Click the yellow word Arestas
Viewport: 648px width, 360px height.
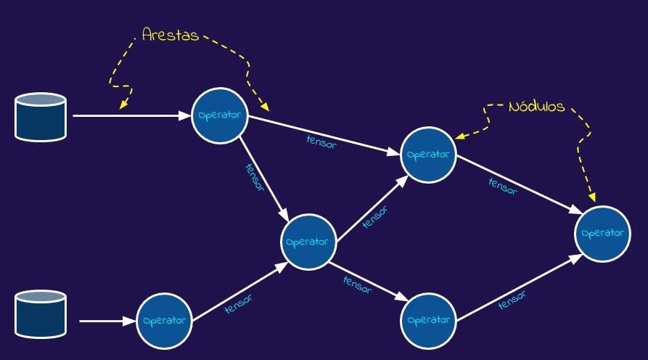click(x=171, y=34)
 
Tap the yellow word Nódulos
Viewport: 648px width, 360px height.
click(x=536, y=106)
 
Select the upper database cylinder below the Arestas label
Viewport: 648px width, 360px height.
click(x=41, y=119)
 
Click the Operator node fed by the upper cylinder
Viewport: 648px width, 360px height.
click(x=220, y=115)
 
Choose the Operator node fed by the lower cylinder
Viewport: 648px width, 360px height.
click(x=165, y=320)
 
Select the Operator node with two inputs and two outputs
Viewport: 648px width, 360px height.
click(x=309, y=242)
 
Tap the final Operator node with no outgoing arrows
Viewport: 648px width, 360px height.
click(x=602, y=233)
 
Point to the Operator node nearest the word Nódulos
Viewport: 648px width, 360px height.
click(x=429, y=155)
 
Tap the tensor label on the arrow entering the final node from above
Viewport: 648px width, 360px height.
click(x=502, y=186)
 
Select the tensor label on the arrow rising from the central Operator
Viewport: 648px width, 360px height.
click(x=374, y=216)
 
